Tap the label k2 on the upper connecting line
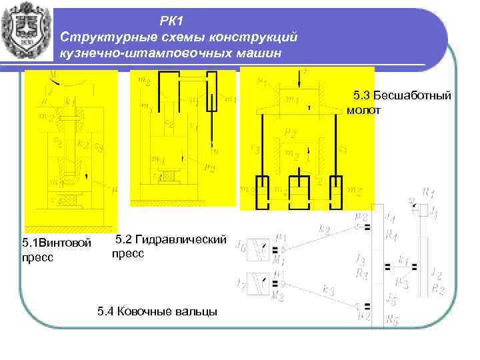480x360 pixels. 325,229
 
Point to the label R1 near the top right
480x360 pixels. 431,195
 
